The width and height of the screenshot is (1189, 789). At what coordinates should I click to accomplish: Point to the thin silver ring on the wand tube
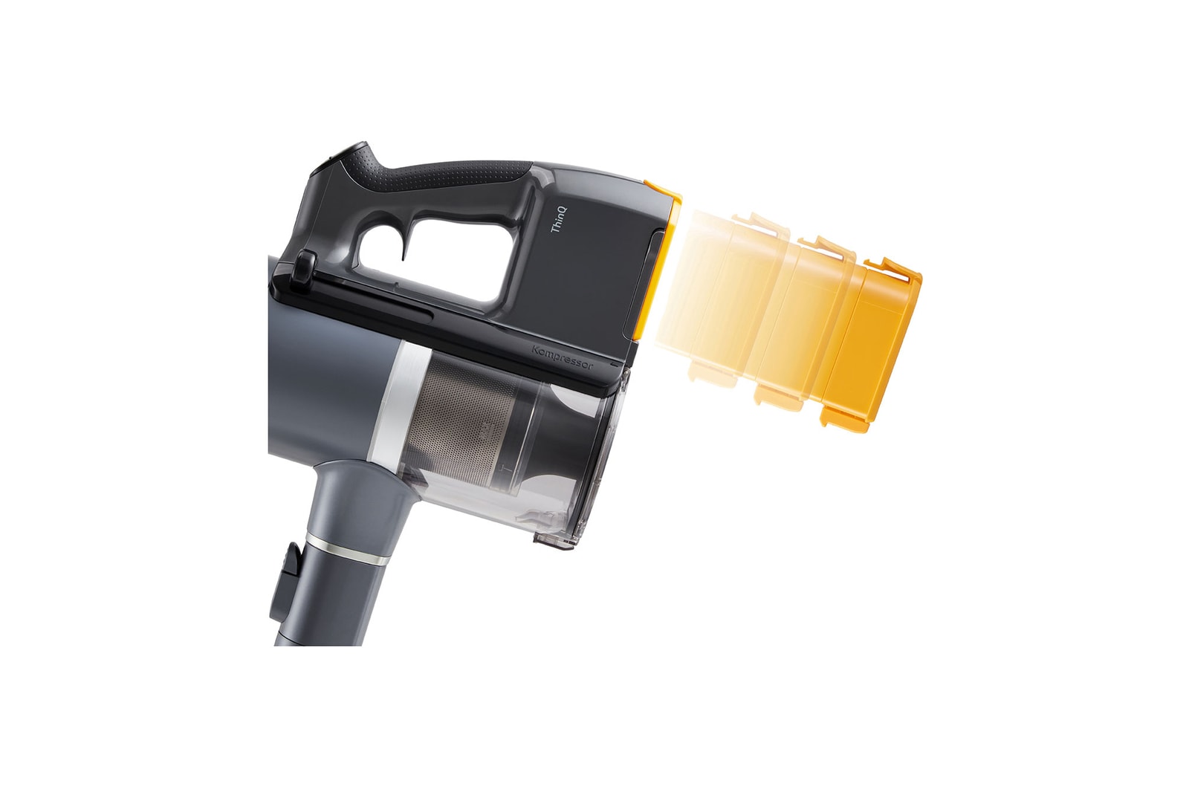pyautogui.click(x=348, y=553)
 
